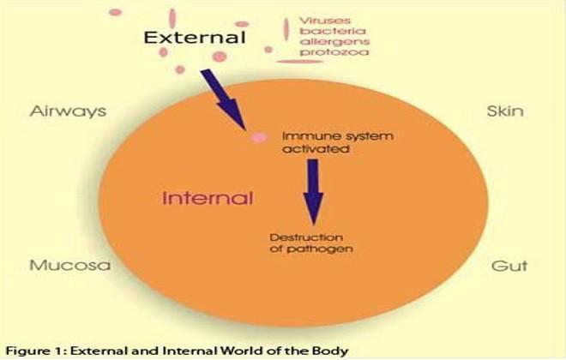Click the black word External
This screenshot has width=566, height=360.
click(195, 37)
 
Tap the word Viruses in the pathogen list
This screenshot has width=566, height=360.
click(324, 21)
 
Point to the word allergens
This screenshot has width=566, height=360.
click(334, 42)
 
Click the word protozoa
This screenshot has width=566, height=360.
click(334, 52)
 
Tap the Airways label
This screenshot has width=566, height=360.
click(69, 111)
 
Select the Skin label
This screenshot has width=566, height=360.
click(505, 111)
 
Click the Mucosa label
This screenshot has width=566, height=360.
click(69, 265)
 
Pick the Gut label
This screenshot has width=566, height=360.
click(509, 266)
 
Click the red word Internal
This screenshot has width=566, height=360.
click(208, 198)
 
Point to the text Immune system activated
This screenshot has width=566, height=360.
click(338, 142)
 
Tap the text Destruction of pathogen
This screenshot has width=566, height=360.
click(311, 243)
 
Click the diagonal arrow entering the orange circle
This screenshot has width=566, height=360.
click(224, 99)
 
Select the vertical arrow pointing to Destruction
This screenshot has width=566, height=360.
click(313, 192)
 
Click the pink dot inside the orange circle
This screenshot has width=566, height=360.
click(260, 137)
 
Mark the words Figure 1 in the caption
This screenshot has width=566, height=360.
click(35, 351)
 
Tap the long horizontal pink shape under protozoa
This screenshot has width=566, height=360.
click(299, 62)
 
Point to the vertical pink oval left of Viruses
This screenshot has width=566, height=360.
click(286, 29)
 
